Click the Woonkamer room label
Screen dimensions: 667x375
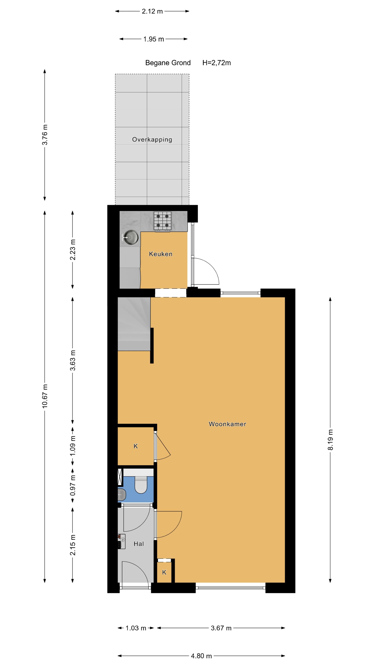click(227, 424)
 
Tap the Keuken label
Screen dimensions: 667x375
click(160, 254)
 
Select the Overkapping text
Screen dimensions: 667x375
click(152, 139)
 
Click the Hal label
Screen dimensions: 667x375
click(139, 544)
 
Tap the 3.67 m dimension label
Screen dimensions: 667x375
click(221, 628)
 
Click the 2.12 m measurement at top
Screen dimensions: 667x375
click(152, 11)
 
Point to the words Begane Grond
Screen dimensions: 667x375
click(168, 63)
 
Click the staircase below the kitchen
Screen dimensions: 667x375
click(134, 324)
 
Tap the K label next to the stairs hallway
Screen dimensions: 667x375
click(136, 446)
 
